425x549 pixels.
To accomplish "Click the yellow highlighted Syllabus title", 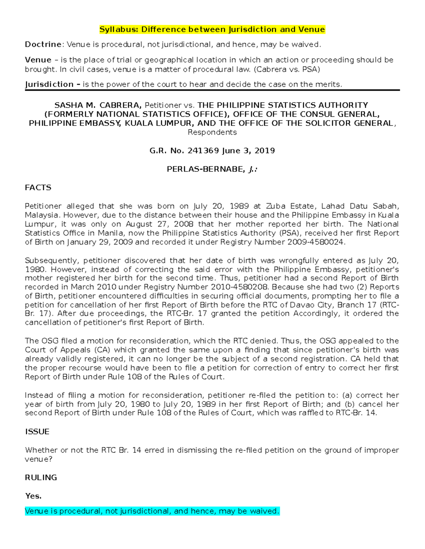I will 212,29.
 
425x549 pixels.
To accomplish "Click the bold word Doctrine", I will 43,45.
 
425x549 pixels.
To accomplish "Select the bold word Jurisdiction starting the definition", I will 49,84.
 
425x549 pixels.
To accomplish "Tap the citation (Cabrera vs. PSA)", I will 287,69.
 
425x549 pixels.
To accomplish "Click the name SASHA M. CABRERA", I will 98,105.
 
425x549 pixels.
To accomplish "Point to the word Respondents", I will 212,132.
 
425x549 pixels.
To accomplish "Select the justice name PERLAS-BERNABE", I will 205,169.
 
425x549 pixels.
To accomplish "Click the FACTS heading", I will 38,188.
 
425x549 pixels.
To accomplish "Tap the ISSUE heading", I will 37,432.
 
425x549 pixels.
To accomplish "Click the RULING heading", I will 41,478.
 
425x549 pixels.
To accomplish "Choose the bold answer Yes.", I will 33,496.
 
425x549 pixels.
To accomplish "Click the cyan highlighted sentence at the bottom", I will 152,511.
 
